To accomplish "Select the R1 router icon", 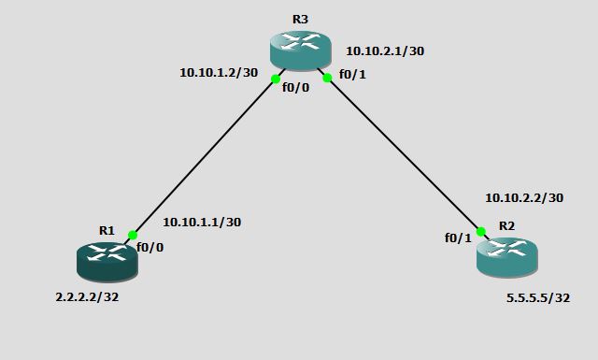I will [107, 259].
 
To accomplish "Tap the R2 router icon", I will [506, 255].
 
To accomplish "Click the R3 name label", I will [300, 18].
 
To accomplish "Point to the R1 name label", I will [107, 230].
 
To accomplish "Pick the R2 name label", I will [506, 225].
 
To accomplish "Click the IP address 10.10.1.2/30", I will [219, 72].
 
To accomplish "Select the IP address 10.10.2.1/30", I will [385, 51].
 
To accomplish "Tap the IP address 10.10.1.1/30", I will [202, 222].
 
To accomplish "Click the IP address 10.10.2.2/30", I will [524, 198].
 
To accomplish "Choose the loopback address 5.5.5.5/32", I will [538, 298].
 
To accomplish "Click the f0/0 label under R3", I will [296, 94].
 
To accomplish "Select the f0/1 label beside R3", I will [352, 74].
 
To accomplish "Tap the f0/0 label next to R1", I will [149, 248].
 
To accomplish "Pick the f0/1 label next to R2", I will [458, 238].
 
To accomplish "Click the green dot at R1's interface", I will [133, 236].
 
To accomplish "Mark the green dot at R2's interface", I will [480, 231].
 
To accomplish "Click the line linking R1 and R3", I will [204, 157].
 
